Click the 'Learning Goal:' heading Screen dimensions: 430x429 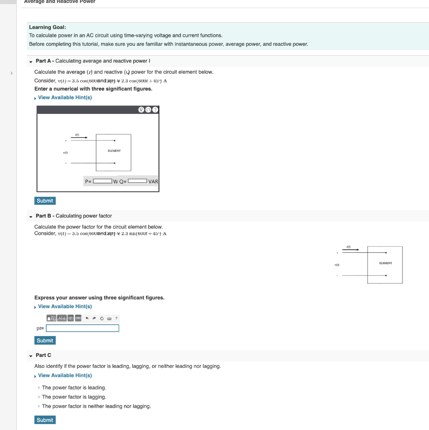tap(48, 27)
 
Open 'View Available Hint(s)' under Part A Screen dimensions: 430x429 tap(65, 97)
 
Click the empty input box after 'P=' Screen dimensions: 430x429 tap(102, 181)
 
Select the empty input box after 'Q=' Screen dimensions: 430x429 tap(137, 181)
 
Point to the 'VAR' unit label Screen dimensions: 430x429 tap(153, 182)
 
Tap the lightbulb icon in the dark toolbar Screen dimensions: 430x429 tap(141, 110)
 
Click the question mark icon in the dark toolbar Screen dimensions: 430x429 tap(155, 110)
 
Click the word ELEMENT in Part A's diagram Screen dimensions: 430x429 tap(114, 151)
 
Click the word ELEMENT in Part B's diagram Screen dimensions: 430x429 tap(385, 263)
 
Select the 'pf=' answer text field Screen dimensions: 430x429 tap(82, 328)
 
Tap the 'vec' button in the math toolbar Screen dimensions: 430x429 tap(78, 318)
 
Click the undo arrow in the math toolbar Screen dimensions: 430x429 tap(87, 318)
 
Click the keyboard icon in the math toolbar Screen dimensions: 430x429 tap(109, 318)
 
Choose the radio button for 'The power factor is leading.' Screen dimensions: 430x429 tap(39, 388)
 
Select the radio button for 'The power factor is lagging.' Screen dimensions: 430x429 tap(39, 397)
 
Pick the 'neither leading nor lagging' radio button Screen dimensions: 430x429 tap(39, 406)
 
